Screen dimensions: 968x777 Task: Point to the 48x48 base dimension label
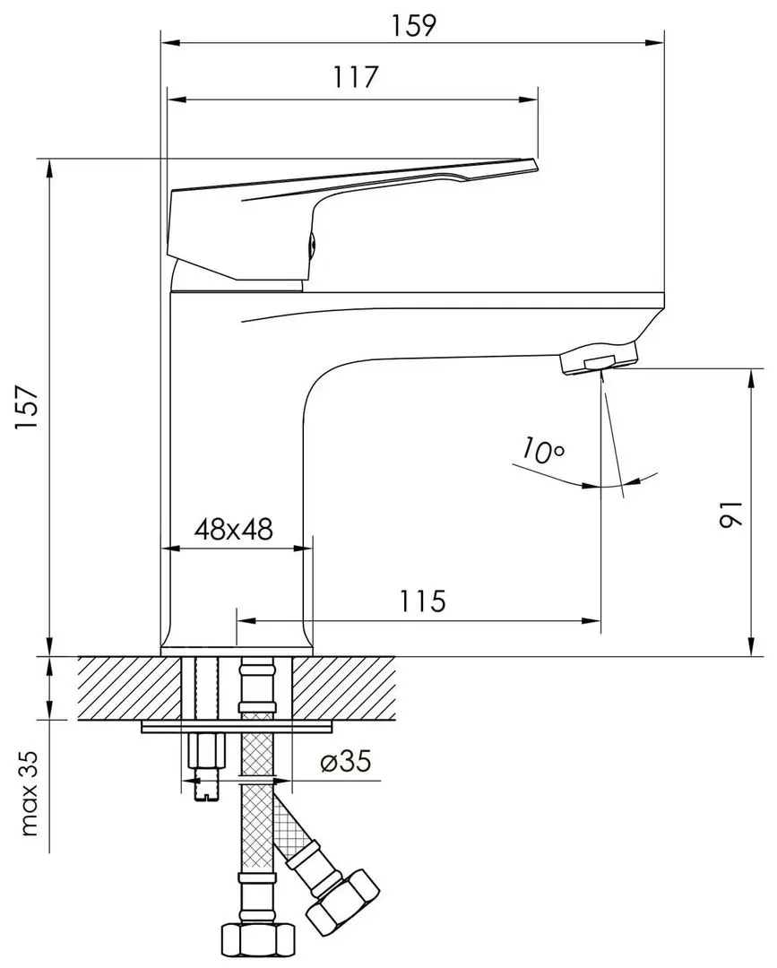coord(234,530)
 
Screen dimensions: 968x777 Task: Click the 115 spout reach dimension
coord(422,601)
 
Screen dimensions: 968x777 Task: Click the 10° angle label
coord(540,451)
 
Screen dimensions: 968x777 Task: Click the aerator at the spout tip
coord(599,360)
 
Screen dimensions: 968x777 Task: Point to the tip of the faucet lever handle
coord(533,164)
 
